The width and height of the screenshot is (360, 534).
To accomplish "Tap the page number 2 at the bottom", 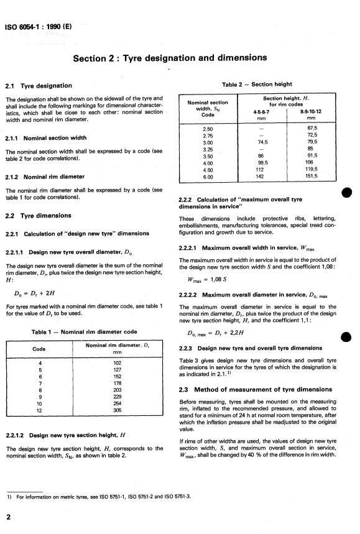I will pyautogui.click(x=8, y=517).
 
